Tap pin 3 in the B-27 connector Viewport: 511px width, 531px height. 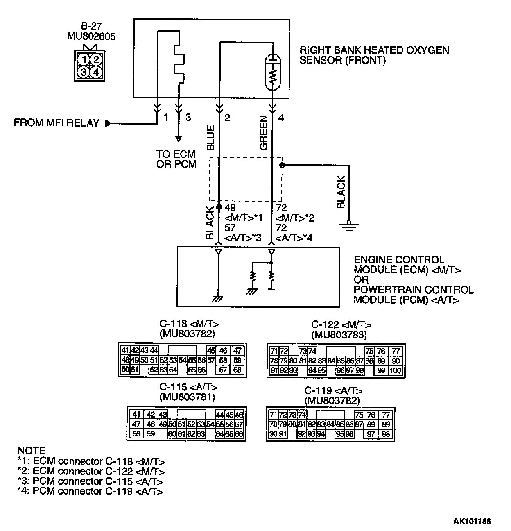tap(84, 72)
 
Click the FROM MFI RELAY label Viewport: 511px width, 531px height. tap(57, 123)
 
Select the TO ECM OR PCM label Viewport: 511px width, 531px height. tap(176, 159)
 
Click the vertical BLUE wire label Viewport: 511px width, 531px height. tap(210, 138)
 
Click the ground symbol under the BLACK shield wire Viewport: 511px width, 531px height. tap(349, 226)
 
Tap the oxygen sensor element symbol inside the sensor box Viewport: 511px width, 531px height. tap(273, 72)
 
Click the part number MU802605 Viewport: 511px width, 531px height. tap(91, 36)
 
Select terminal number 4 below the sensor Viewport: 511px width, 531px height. tap(281, 118)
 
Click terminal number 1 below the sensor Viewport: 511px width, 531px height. tap(165, 118)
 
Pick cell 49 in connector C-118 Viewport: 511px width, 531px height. tap(135, 360)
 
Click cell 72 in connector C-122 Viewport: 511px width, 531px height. tap(284, 351)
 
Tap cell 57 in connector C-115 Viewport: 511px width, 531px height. tap(239, 424)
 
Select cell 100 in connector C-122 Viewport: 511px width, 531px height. tap(396, 370)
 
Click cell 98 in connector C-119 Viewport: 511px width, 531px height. tap(385, 434)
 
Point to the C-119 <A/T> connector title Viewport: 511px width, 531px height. tap(333, 391)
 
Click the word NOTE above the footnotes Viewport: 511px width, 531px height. tap(32, 450)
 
